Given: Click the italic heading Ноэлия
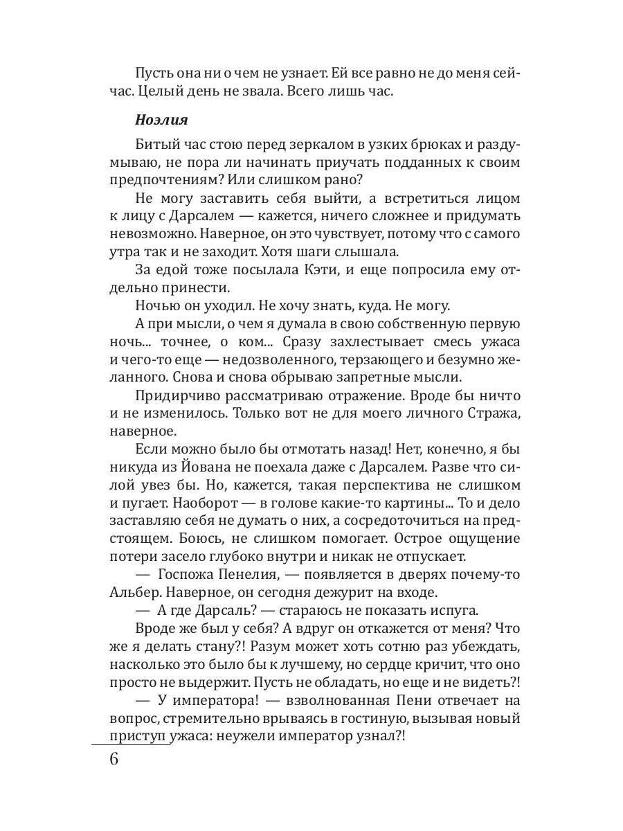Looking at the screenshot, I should pos(161,119).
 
